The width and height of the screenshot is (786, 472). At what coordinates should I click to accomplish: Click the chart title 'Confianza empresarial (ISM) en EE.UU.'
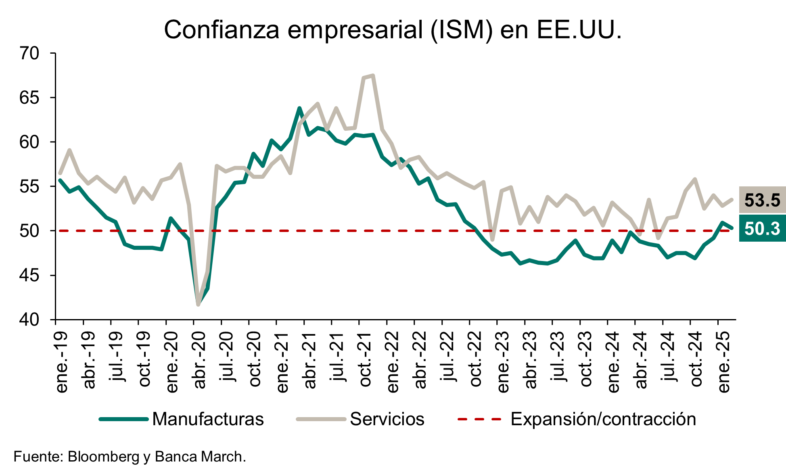393,29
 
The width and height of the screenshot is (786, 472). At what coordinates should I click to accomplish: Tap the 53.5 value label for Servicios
762,200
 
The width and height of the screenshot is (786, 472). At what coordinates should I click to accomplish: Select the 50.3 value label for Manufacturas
762,228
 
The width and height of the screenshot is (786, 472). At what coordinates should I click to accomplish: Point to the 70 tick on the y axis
29,53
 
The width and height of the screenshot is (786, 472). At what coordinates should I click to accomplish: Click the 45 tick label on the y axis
29,276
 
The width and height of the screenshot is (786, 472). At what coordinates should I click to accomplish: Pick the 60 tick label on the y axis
29,142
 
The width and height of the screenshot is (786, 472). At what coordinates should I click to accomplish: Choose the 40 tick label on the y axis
29,320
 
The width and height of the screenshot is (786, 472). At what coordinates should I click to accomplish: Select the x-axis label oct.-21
365,360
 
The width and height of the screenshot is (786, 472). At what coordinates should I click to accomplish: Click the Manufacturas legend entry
182,419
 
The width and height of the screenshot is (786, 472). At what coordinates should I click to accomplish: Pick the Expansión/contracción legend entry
577,419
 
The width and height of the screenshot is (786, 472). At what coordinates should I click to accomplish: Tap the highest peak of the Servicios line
373,75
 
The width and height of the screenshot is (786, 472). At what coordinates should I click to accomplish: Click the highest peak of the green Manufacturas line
299,108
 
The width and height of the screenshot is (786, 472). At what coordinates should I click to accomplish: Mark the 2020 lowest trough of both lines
198,304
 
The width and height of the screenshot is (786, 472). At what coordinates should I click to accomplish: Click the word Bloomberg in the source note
103,457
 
